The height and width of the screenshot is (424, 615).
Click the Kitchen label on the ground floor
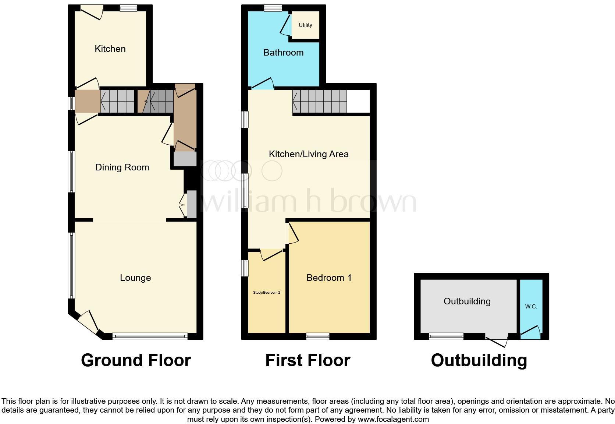110,49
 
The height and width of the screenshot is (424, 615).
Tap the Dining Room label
122,167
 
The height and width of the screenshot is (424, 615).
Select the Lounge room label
135,278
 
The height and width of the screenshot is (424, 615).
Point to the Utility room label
305,25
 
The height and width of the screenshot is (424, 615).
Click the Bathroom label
283,53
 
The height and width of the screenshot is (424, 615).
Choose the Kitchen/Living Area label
309,154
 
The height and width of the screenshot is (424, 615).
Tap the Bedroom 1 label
329,278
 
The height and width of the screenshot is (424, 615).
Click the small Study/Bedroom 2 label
267,293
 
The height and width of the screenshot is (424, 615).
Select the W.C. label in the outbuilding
531,307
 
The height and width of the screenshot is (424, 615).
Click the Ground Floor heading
136,360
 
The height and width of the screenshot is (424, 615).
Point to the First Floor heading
307,360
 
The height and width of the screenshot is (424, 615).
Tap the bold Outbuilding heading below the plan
479,360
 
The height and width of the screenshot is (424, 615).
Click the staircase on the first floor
320,102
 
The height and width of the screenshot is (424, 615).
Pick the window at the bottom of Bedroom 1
318,336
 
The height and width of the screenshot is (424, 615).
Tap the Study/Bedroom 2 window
245,268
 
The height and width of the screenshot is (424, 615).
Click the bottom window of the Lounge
150,336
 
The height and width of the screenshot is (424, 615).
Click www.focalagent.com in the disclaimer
393,419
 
